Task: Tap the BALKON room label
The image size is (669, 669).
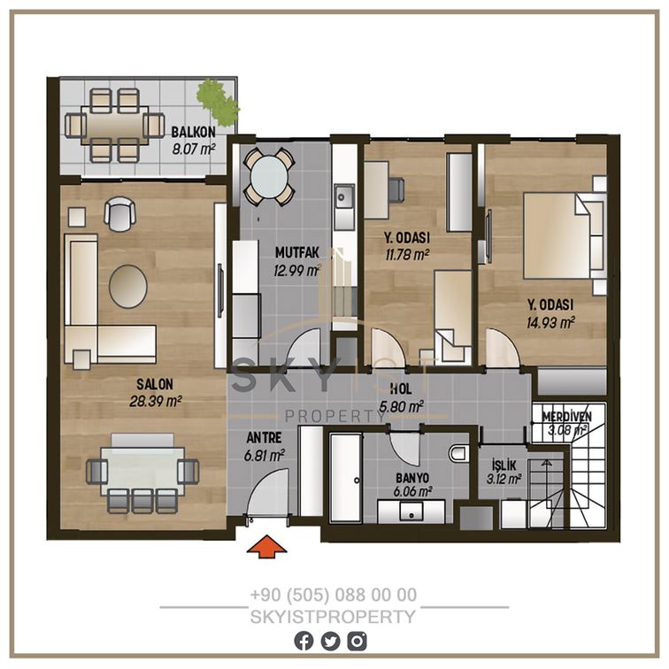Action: coord(193,132)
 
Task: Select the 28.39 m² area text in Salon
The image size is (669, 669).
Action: coord(156,401)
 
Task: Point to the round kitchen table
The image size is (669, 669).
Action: coord(269,177)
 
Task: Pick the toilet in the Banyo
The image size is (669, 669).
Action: coord(459,453)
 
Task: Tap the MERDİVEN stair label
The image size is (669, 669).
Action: coord(566,417)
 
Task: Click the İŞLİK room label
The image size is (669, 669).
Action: coord(504,465)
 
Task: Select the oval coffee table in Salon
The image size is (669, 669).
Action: coord(128,287)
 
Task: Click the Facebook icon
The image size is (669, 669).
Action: coord(304,641)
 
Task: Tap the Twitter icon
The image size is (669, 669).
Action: coord(330,641)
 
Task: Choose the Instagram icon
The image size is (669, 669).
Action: coord(357,641)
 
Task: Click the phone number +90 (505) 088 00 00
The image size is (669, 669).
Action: coord(334,595)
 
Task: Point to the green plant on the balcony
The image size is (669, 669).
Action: coord(218,100)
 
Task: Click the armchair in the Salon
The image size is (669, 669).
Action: coord(119,213)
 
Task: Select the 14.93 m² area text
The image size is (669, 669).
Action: coord(550,322)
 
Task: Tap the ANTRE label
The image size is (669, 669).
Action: coord(264,438)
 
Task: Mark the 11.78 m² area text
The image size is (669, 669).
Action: coord(407,255)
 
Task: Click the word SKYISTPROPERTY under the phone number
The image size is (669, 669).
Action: coord(333,617)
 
